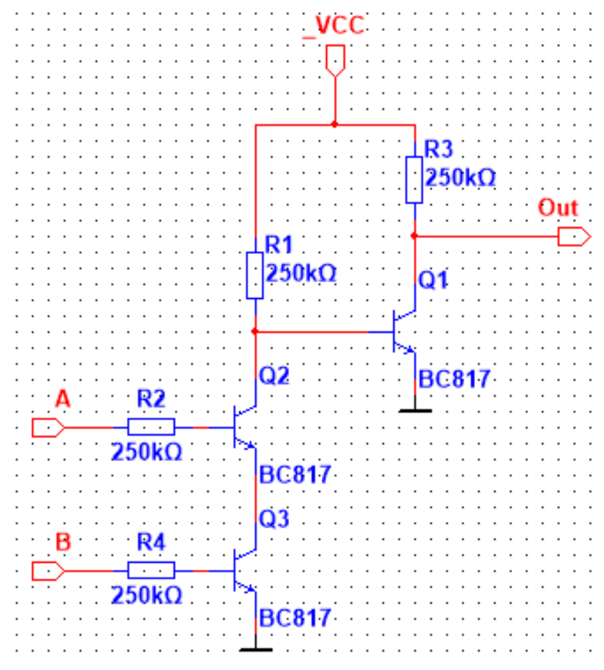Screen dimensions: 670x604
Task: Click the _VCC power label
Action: (x=333, y=26)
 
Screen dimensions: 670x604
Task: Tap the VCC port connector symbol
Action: (x=335, y=60)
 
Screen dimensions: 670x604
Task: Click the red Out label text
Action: (x=558, y=208)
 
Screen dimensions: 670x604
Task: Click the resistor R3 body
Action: (x=415, y=180)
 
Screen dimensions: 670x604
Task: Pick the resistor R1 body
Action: (x=255, y=276)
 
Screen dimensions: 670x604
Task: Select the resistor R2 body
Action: (x=151, y=427)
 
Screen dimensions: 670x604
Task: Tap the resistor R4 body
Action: (x=151, y=570)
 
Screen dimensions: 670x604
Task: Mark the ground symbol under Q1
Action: (x=415, y=410)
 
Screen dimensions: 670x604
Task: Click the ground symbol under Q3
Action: (x=255, y=650)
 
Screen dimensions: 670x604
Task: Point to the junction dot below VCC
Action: (x=335, y=125)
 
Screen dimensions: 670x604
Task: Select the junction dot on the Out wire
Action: (x=415, y=236)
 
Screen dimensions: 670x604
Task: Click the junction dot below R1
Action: (x=255, y=330)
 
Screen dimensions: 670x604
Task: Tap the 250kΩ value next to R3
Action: (x=461, y=178)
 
